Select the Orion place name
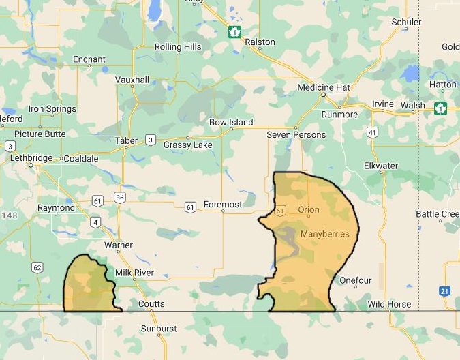click(309, 209)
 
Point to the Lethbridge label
click(31, 158)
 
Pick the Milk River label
click(134, 273)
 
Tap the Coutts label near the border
click(151, 304)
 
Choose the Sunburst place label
click(158, 329)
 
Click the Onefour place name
click(356, 280)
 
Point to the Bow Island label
click(231, 123)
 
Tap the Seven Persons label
click(296, 135)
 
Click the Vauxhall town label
click(132, 80)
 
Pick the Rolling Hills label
click(178, 47)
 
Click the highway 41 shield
click(371, 132)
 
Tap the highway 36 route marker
click(120, 198)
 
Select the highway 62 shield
click(37, 267)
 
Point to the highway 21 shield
click(444, 291)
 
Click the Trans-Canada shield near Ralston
click(235, 32)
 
